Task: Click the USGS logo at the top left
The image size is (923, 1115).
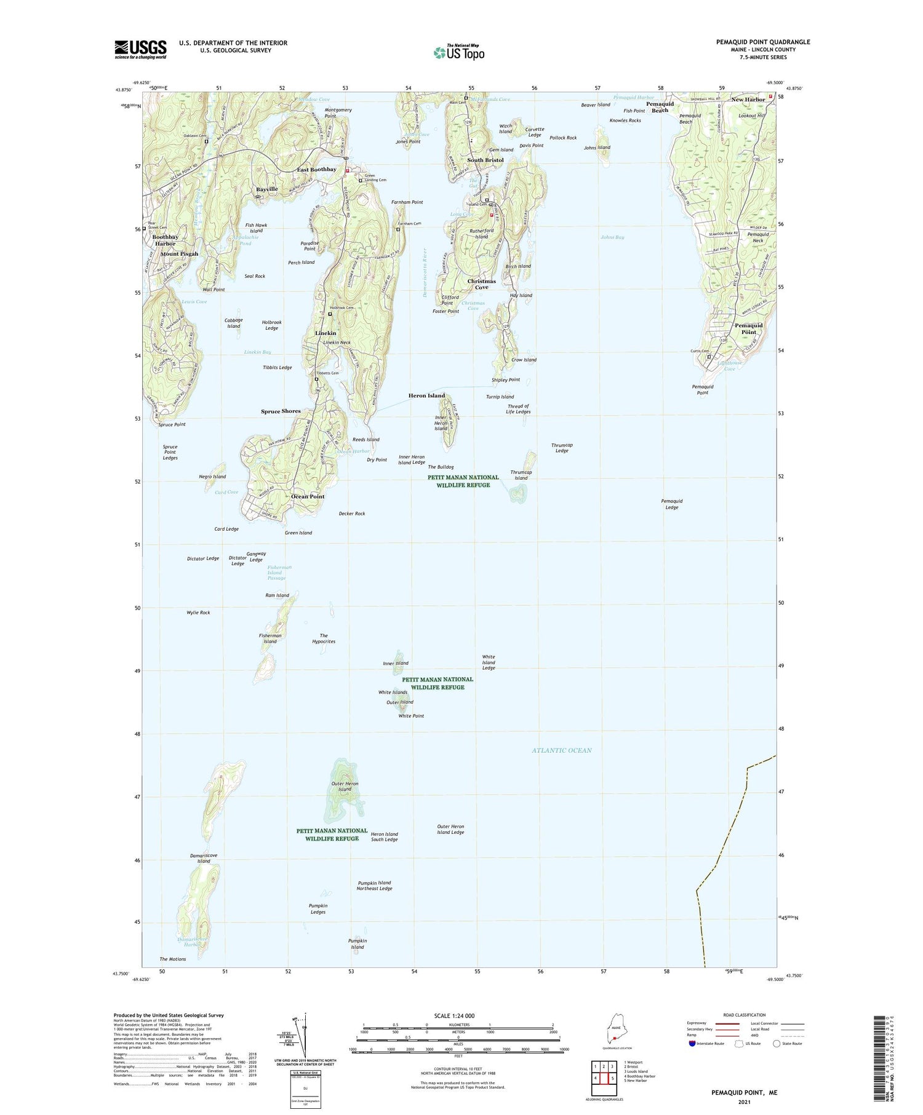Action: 140,49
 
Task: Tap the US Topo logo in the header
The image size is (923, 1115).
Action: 458,53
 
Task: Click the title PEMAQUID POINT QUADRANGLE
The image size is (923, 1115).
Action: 762,42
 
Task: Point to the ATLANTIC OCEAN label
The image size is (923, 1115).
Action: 561,750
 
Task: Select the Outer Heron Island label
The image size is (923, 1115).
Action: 344,787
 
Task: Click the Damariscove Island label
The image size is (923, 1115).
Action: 203,858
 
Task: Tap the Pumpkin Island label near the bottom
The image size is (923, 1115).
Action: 357,943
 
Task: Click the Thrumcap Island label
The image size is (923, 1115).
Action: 521,475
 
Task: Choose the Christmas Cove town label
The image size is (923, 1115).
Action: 481,284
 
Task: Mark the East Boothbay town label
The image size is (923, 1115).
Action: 316,170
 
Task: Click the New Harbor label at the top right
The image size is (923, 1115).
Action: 748,100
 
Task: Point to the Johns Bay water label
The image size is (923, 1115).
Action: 612,237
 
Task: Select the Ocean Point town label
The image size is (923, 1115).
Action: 308,496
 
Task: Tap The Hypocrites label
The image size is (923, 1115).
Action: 324,638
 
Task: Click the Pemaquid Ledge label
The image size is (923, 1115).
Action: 671,504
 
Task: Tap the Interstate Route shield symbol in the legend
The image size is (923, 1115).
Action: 693,1044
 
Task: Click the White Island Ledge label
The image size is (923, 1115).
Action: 488,662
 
